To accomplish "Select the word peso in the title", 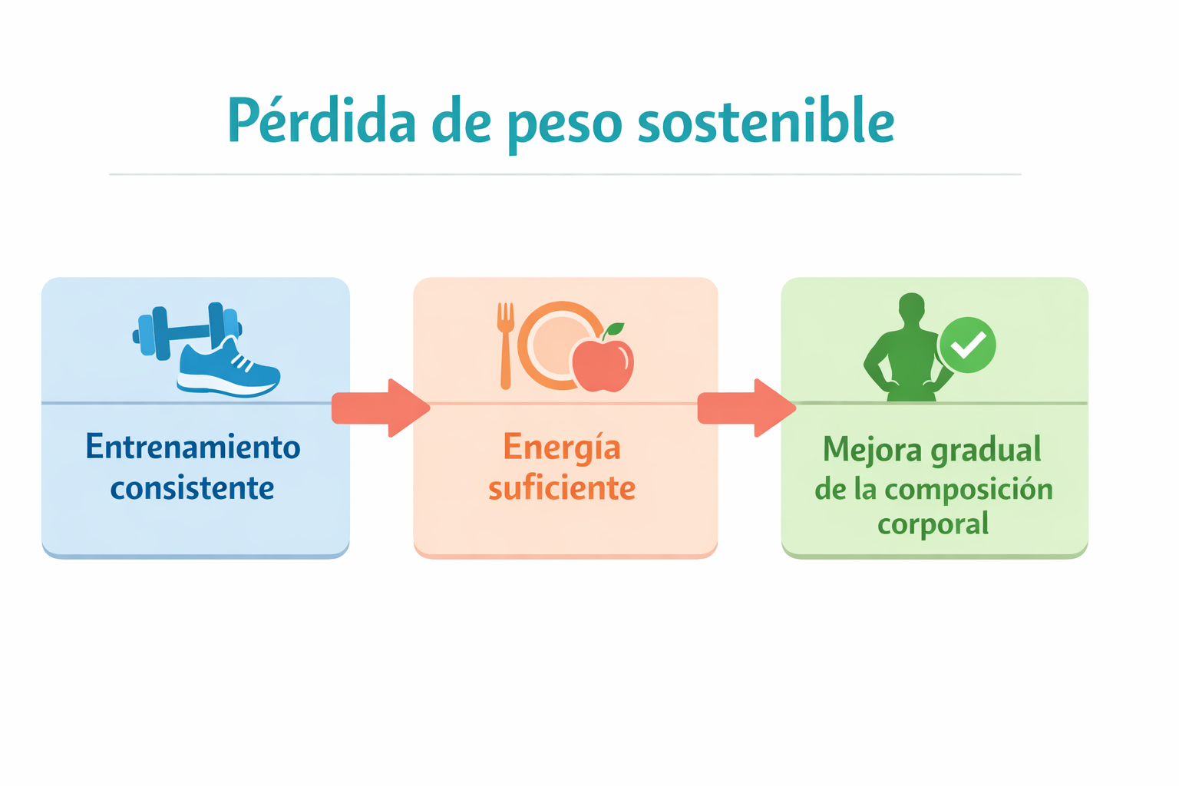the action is [x=565, y=127].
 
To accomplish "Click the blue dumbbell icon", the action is [x=187, y=331].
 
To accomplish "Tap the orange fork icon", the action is [x=505, y=345].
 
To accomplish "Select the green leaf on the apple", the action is [x=614, y=331].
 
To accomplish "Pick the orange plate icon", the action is [x=558, y=345].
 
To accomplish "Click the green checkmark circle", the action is [x=967, y=345].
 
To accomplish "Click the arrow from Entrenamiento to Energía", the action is [x=381, y=408].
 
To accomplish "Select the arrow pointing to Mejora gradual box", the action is [x=747, y=408].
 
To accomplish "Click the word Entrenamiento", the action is [x=193, y=447].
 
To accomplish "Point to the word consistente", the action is [x=192, y=488].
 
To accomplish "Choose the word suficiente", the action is [x=562, y=488].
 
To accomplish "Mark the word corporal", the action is [x=933, y=524].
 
